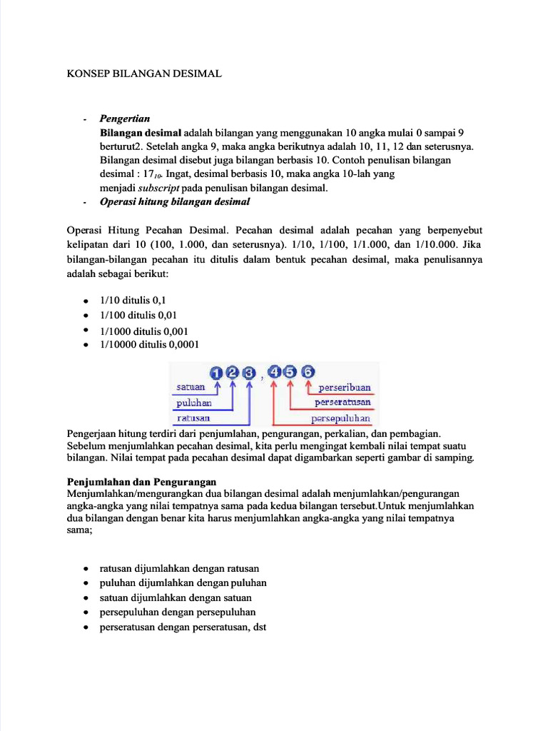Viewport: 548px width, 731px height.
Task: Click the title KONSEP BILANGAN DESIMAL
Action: [144, 74]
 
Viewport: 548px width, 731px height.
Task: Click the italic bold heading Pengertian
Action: [125, 119]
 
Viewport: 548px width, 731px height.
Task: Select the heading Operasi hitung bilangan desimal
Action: [175, 202]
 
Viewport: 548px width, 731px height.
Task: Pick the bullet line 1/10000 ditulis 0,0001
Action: [149, 344]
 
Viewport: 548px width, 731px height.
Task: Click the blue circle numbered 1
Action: [216, 372]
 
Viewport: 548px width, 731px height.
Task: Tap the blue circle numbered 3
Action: [248, 372]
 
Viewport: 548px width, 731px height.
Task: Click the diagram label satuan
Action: [191, 388]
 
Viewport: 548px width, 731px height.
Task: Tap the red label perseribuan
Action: [345, 388]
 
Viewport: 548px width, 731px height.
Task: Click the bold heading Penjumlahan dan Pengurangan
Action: [141, 481]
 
